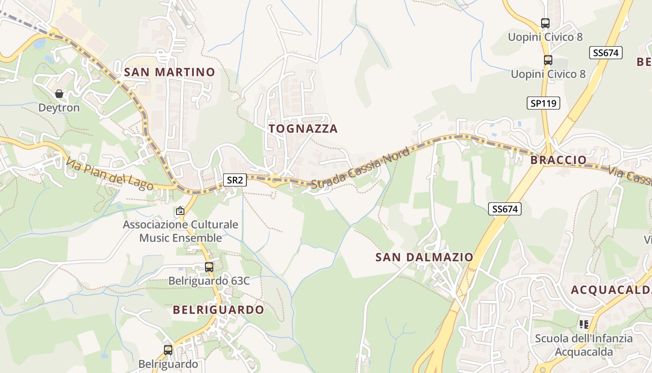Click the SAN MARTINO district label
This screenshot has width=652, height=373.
coord(170,72)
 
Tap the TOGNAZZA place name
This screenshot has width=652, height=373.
coord(303,129)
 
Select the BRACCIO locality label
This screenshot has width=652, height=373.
coord(558,160)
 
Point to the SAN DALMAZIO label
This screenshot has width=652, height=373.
coord(424,257)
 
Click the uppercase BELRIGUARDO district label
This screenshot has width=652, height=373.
coord(218,310)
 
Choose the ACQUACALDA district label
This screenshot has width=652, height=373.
coord(611,290)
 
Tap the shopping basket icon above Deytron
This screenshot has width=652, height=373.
coord(59,94)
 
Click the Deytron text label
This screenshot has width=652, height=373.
coord(59,108)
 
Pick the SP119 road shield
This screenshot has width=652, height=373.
coord(543,103)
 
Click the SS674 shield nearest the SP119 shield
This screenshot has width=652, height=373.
coord(605,53)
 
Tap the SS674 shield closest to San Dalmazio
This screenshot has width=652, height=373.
coord(505,209)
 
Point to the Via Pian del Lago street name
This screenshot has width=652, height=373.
coord(110,174)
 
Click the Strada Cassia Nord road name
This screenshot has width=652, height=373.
coord(360,168)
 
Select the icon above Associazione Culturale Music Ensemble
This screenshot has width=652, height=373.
coord(180,211)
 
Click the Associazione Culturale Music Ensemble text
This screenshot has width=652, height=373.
coord(181,231)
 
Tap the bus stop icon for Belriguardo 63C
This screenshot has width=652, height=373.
coord(209,267)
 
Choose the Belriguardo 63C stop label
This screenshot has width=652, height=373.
coord(209,281)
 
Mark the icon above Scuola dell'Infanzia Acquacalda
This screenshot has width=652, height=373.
coord(584,324)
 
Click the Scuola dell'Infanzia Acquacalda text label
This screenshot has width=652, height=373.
coord(584,345)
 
